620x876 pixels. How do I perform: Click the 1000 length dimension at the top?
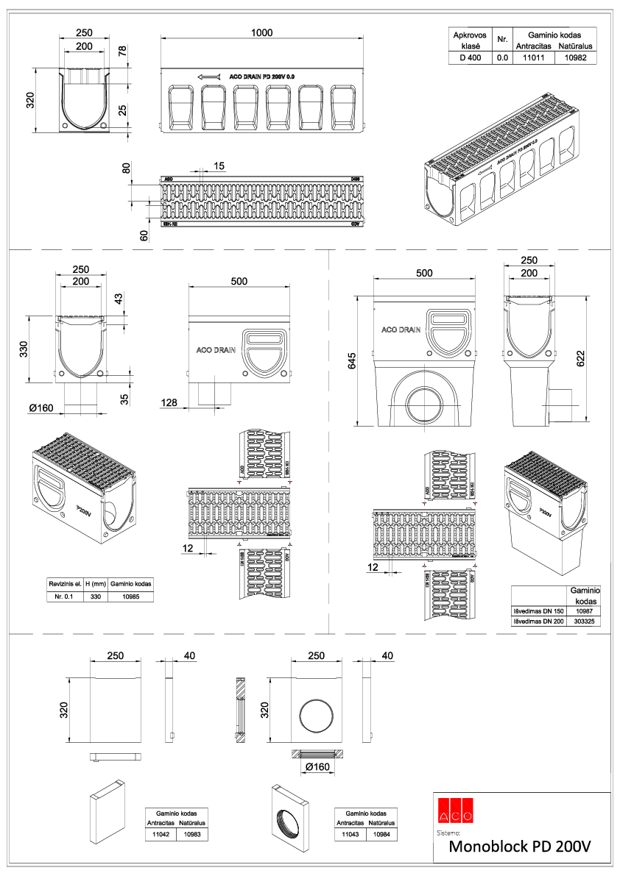click(x=261, y=32)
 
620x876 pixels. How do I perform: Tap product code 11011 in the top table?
click(x=533, y=57)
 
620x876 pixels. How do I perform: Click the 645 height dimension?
click(x=352, y=360)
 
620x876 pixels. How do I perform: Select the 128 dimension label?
click(x=169, y=402)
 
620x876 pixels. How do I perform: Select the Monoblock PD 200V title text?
click(x=520, y=847)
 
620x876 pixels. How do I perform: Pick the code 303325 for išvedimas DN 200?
click(x=584, y=622)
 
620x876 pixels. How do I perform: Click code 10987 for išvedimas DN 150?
click(x=584, y=610)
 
